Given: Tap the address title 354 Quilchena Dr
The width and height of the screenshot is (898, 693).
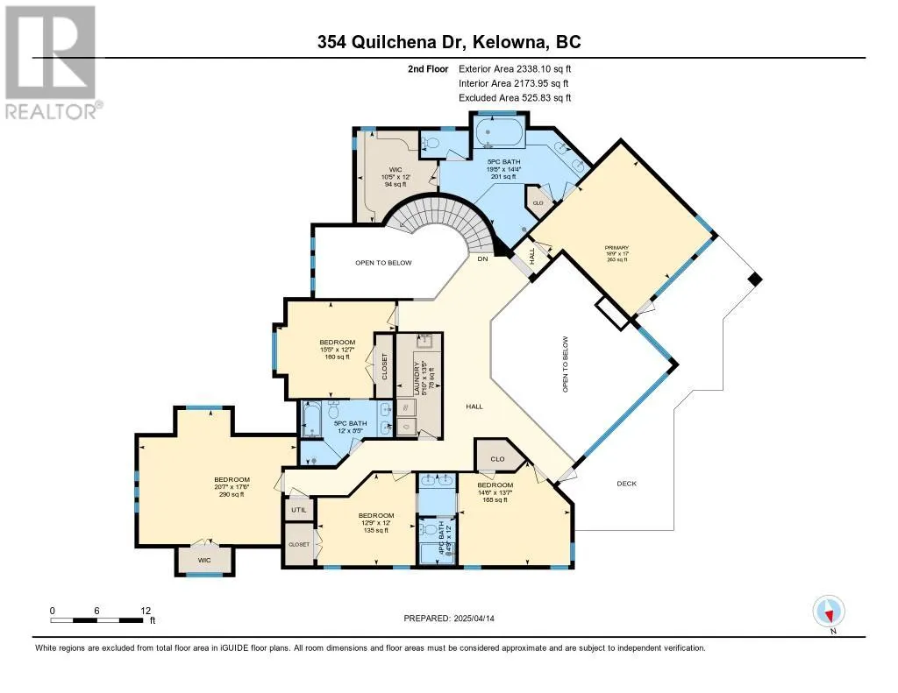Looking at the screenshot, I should [x=448, y=42].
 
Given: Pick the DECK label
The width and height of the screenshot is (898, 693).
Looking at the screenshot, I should [x=626, y=484].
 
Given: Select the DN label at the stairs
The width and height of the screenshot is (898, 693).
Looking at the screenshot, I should [x=481, y=259].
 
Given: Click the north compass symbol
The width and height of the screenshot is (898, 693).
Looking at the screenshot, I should [x=828, y=611].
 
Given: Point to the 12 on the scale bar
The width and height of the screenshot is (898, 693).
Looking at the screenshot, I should [x=146, y=611].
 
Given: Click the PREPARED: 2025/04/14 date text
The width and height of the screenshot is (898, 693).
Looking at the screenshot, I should [x=449, y=619].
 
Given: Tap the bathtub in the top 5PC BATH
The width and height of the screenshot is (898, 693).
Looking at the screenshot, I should [x=499, y=135].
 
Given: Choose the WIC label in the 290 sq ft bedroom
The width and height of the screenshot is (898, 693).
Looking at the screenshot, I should [x=203, y=558].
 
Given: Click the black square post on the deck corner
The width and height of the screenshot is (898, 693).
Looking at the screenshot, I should [x=753, y=279].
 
